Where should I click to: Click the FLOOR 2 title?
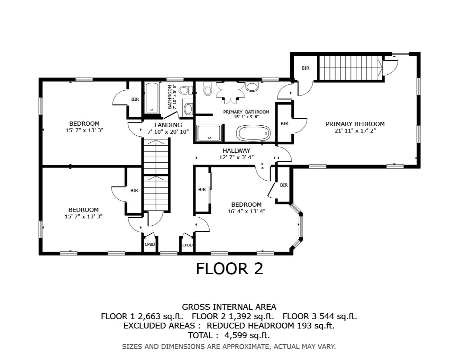[x=229, y=269]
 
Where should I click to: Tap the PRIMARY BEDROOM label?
[x=355, y=124]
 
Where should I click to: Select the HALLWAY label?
[x=236, y=151]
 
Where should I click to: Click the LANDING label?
[x=168, y=125]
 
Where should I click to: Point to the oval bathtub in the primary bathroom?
[x=253, y=133]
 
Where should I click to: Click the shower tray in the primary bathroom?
[x=209, y=133]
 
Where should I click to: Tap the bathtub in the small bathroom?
[x=152, y=98]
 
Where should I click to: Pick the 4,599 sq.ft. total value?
[x=247, y=335]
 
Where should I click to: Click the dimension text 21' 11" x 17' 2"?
[x=355, y=130]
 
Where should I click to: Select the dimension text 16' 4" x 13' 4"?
[x=246, y=211]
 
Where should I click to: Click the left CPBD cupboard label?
[x=150, y=245]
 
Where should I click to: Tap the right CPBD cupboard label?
[x=187, y=245]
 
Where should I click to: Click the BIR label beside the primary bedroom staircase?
[x=305, y=68]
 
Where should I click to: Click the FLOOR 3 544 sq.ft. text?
[x=320, y=316]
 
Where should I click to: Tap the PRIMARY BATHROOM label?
[x=246, y=112]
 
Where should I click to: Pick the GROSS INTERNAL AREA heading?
[x=229, y=307]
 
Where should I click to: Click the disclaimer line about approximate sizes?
[x=229, y=346]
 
